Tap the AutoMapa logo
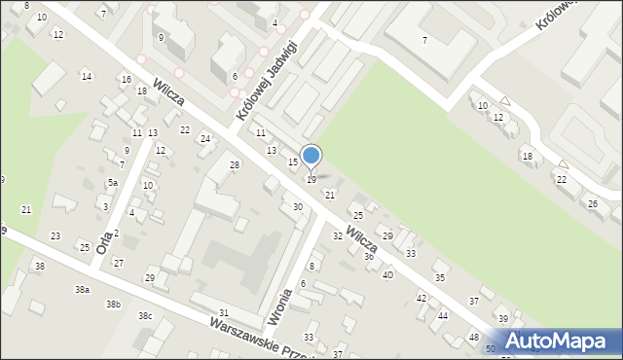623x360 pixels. [x=558, y=341]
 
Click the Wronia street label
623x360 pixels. [x=279, y=304]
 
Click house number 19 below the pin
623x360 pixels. [x=311, y=180]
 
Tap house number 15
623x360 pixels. [x=292, y=162]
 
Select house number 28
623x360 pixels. [x=234, y=165]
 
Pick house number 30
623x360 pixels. [x=297, y=207]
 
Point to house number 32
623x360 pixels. [x=337, y=236]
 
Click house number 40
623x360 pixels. [x=387, y=275]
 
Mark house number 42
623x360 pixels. [x=421, y=298]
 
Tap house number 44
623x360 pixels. [x=443, y=316]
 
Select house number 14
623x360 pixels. [x=87, y=76]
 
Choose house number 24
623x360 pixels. [x=204, y=139]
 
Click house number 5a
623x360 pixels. [x=113, y=183]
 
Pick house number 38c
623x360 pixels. [x=144, y=316]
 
